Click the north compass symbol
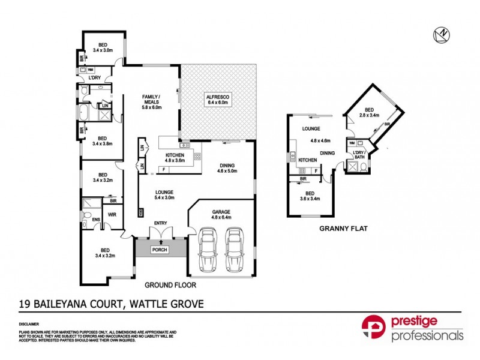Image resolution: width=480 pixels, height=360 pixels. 441,35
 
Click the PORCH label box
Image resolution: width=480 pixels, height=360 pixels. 160,250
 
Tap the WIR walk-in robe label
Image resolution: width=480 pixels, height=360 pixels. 111,214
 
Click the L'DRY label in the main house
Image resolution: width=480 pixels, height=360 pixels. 94,78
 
